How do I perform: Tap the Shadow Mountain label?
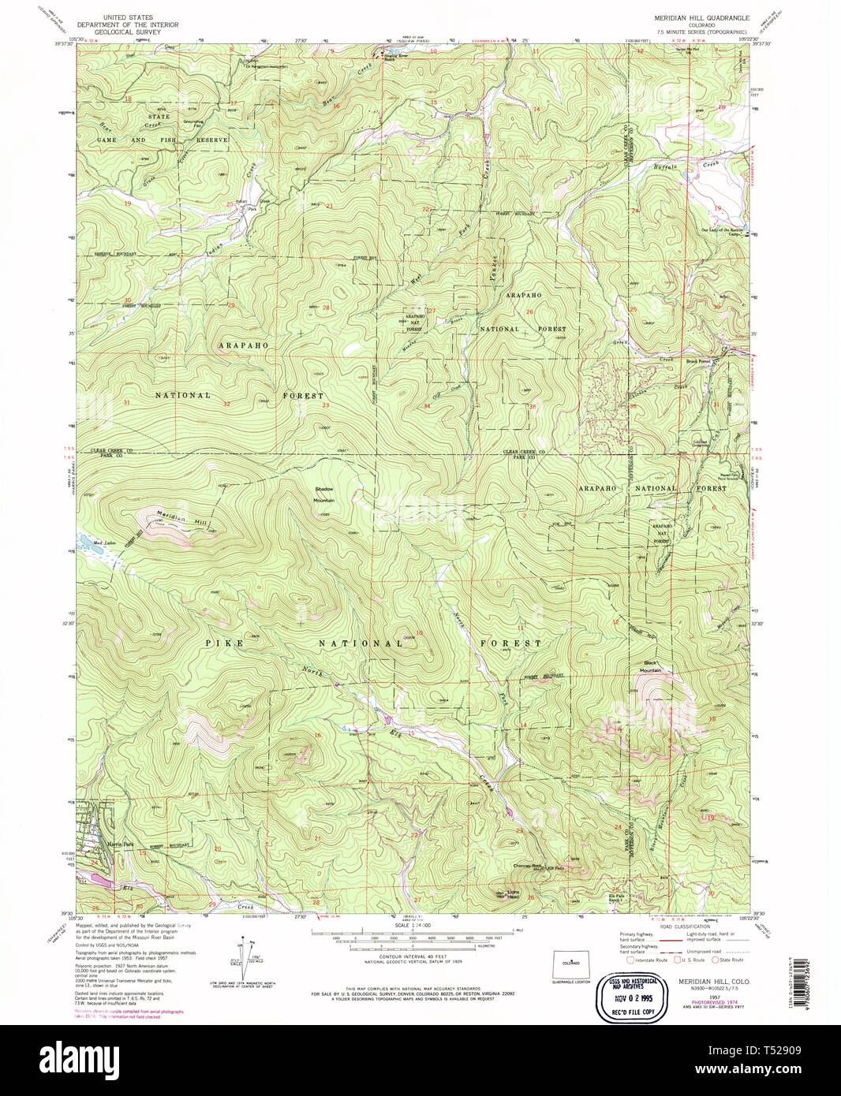[323, 494]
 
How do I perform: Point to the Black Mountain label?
[650, 666]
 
